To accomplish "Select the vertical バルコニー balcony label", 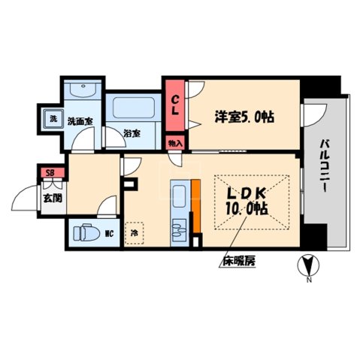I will point(325,166).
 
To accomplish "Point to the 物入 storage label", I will point(174,142).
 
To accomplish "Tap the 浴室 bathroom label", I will point(132,135).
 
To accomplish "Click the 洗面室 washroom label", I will point(79,120).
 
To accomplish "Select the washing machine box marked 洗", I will point(53,119).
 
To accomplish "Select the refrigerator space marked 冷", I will point(135,234).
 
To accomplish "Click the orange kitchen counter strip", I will point(195,208).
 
